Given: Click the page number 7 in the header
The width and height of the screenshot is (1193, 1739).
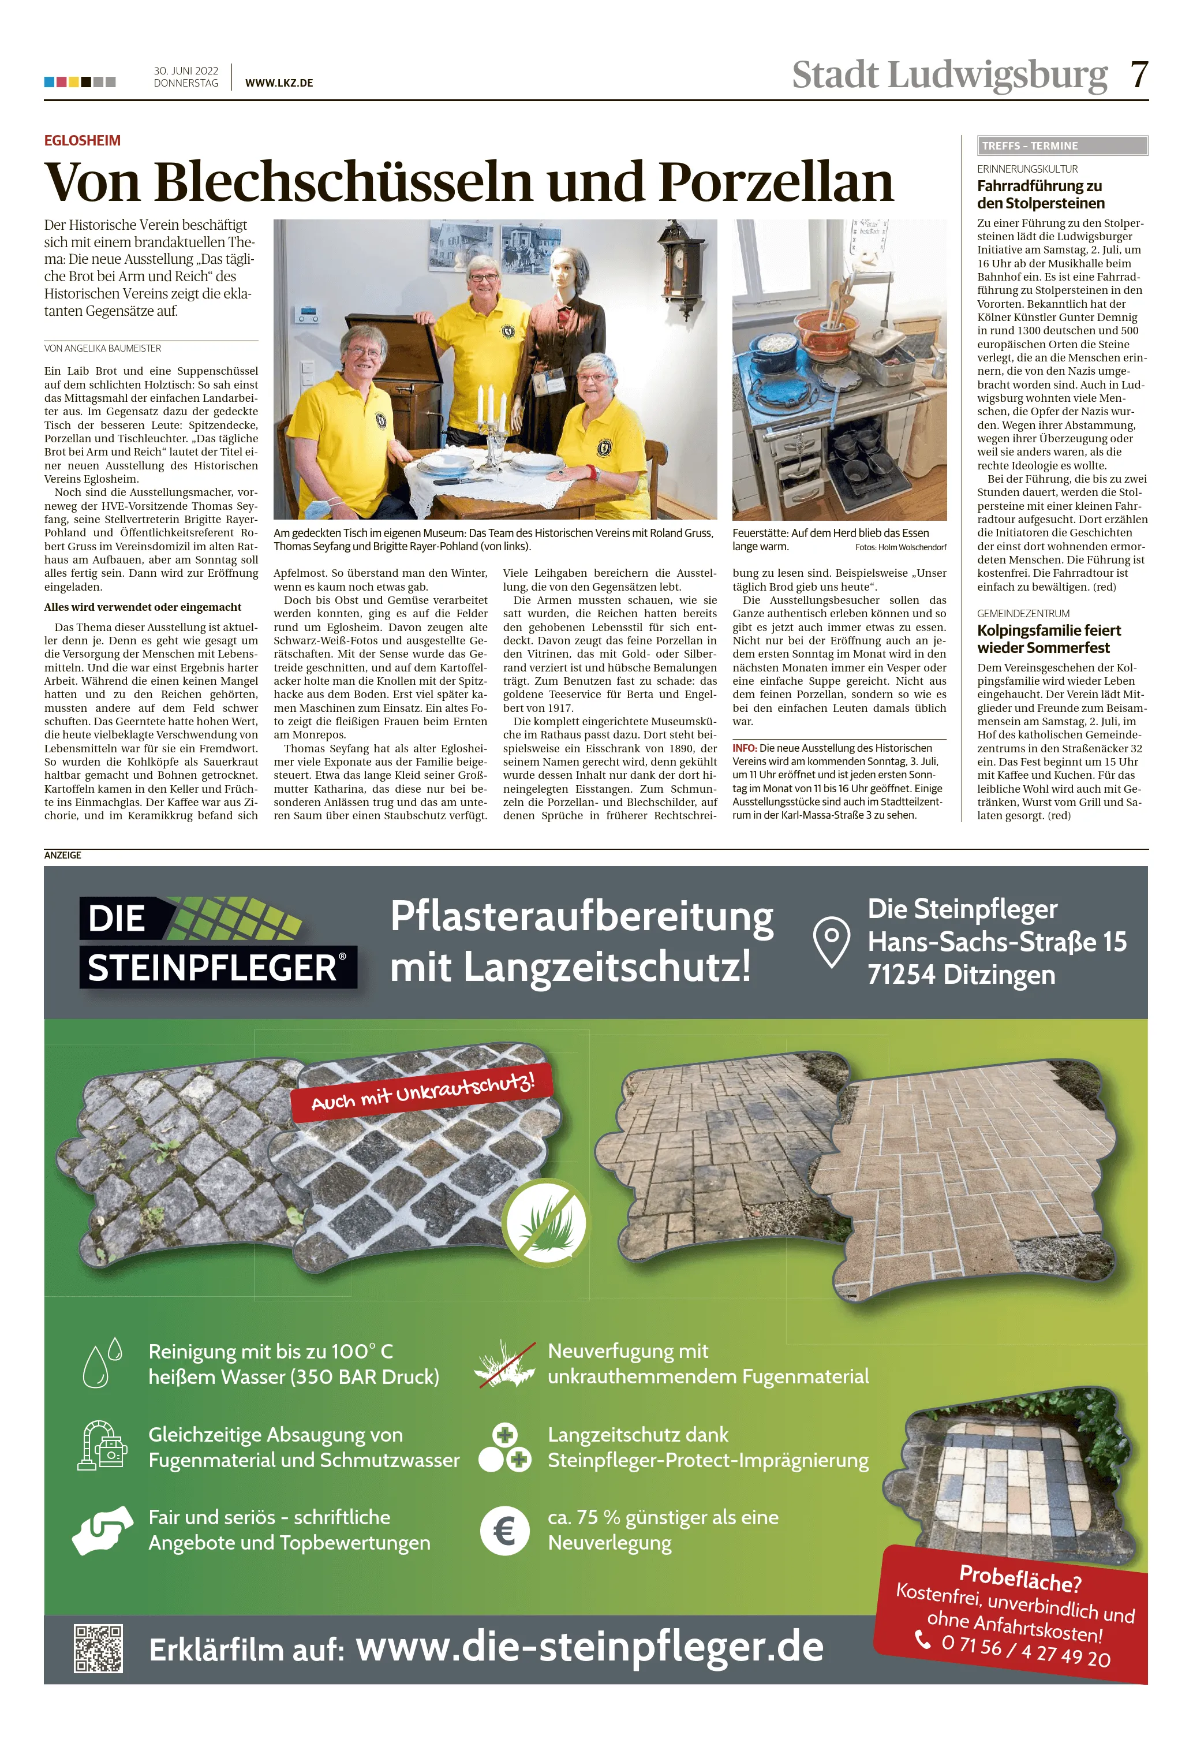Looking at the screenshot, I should (1138, 75).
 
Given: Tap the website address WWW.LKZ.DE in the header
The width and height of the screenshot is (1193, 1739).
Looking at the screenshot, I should (279, 83).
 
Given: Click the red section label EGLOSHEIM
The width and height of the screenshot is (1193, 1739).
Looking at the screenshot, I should (83, 141).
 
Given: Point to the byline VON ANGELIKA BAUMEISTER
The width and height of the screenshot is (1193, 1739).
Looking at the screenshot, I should (103, 348).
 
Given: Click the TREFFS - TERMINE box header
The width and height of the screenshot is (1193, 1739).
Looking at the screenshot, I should (1062, 146).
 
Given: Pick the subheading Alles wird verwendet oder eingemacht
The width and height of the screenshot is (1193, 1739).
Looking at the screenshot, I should (142, 607).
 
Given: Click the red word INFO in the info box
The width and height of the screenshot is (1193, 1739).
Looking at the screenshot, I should (744, 748).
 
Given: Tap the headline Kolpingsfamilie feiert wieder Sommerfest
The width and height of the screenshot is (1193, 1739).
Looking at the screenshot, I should (1049, 639).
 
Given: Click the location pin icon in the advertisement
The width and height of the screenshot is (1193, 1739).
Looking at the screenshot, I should (831, 943).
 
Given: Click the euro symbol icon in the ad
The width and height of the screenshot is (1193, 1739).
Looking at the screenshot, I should (504, 1530).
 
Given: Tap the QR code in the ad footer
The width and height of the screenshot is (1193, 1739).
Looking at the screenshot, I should (98, 1648).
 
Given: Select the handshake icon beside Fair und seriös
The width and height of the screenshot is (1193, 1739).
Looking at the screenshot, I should (103, 1529).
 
